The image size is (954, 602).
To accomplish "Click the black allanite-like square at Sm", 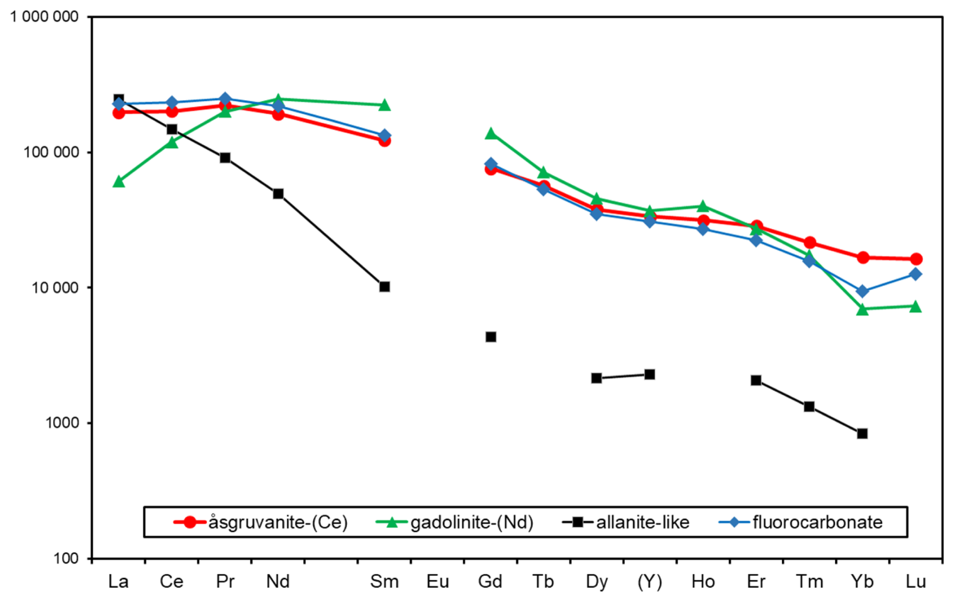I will pyautogui.click(x=384, y=286).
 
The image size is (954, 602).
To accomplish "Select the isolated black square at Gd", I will pyautogui.click(x=491, y=336).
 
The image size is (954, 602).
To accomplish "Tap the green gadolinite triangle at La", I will pyautogui.click(x=118, y=182).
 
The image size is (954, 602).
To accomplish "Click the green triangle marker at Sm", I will pyautogui.click(x=384, y=105).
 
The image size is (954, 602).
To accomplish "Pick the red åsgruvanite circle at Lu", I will pyautogui.click(x=916, y=259).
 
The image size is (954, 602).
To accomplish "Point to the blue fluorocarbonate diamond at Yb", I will pyautogui.click(x=862, y=291).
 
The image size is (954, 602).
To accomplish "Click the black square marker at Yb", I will pyautogui.click(x=862, y=433).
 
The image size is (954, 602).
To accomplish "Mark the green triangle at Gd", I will pyautogui.click(x=491, y=134).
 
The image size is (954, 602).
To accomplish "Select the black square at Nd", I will pyautogui.click(x=278, y=194).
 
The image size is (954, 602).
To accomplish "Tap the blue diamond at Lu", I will pyautogui.click(x=916, y=274).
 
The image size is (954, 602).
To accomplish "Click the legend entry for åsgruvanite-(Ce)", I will pyautogui.click(x=278, y=522).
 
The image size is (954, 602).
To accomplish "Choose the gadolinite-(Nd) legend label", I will pyautogui.click(x=471, y=522).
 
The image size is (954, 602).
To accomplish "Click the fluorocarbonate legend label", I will pyautogui.click(x=817, y=522).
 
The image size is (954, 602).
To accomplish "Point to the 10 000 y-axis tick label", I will pyautogui.click(x=55, y=287).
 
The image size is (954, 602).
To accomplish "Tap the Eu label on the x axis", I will pyautogui.click(x=437, y=581).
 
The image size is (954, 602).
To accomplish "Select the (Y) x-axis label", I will pyautogui.click(x=649, y=581).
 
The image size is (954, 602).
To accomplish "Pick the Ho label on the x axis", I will pyautogui.click(x=703, y=581).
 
